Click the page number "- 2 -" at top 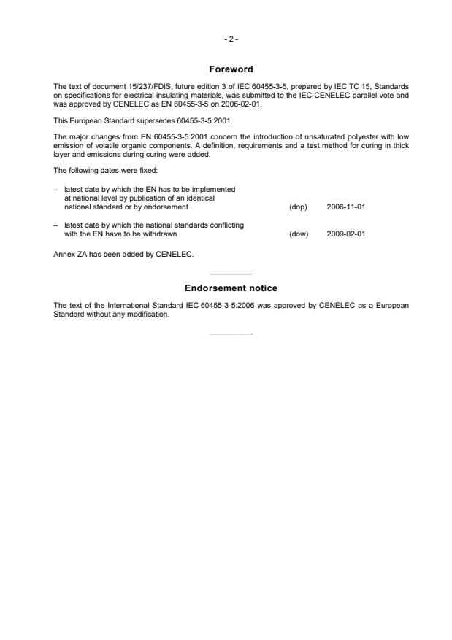[x=231, y=39]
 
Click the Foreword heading [x=231, y=69]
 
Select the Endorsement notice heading [x=231, y=288]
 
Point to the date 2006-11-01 [x=346, y=207]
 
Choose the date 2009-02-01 [x=346, y=234]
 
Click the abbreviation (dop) [x=298, y=207]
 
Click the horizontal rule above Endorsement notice [x=231, y=273]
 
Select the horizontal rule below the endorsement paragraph [x=231, y=334]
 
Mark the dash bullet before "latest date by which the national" [x=55, y=225]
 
